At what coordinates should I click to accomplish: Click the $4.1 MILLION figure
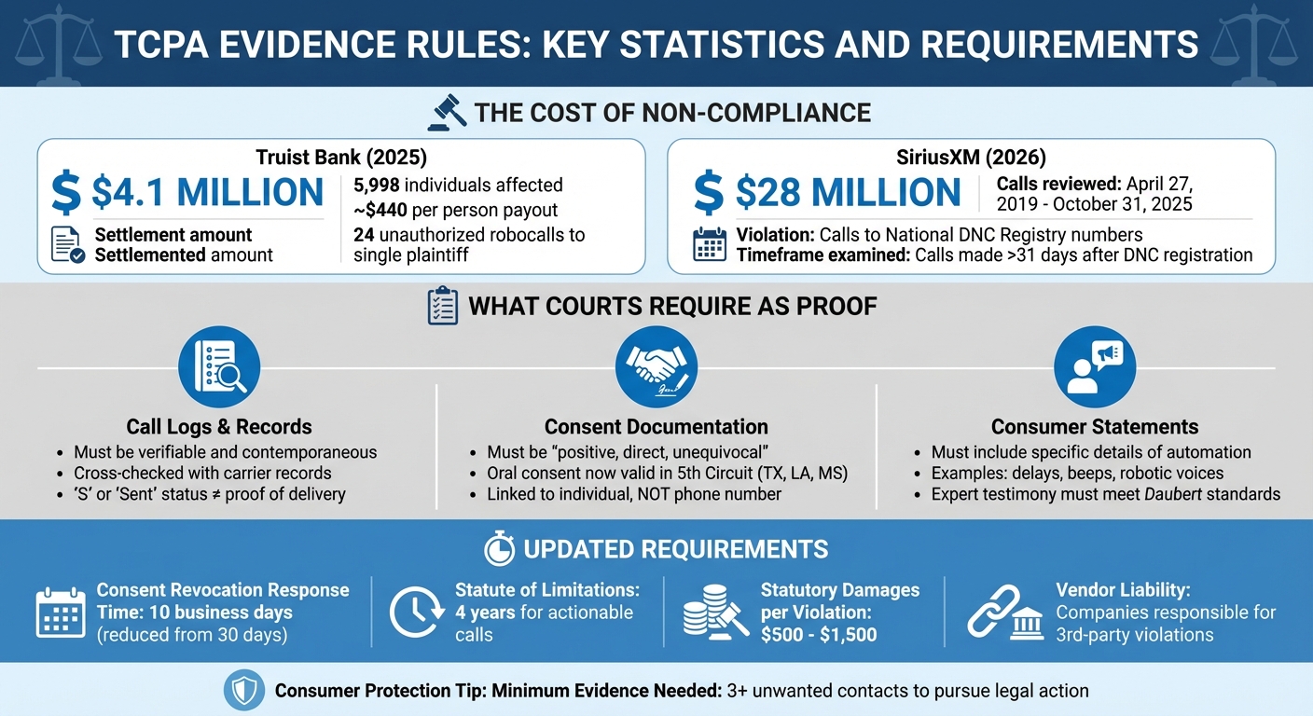[x=207, y=192]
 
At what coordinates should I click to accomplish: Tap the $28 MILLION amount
[x=848, y=192]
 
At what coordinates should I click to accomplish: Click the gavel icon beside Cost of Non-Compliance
[x=446, y=113]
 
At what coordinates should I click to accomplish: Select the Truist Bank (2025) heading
[x=340, y=158]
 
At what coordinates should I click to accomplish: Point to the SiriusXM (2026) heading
[x=971, y=158]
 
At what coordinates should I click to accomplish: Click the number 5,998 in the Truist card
[x=377, y=185]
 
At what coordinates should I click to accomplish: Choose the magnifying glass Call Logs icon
[x=219, y=366]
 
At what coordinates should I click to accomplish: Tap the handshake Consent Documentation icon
[x=656, y=366]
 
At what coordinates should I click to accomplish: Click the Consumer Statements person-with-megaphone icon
[x=1094, y=366]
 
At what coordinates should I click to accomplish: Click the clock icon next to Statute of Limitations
[x=413, y=613]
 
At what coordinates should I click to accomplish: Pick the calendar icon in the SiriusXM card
[x=710, y=244]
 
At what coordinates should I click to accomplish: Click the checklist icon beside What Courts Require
[x=441, y=307]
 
